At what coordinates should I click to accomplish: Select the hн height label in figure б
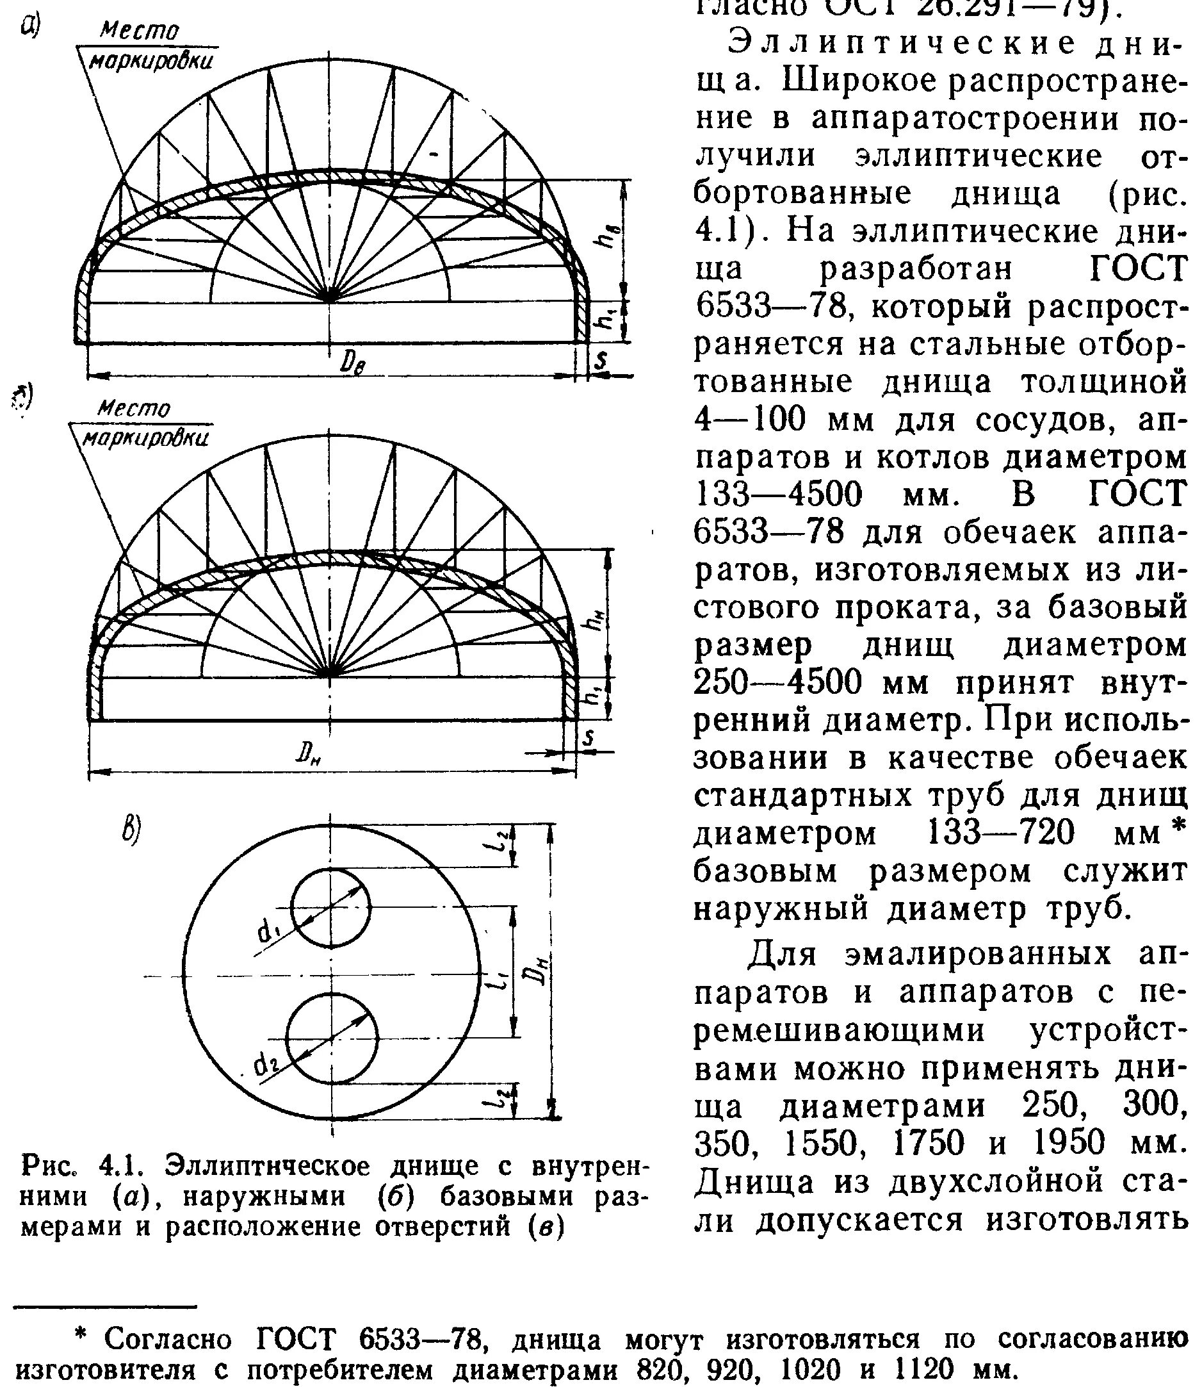tap(594, 624)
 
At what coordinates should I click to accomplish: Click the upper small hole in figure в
tap(330, 907)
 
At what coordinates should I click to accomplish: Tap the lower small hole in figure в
tap(332, 1038)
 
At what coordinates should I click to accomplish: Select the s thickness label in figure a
tap(602, 360)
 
